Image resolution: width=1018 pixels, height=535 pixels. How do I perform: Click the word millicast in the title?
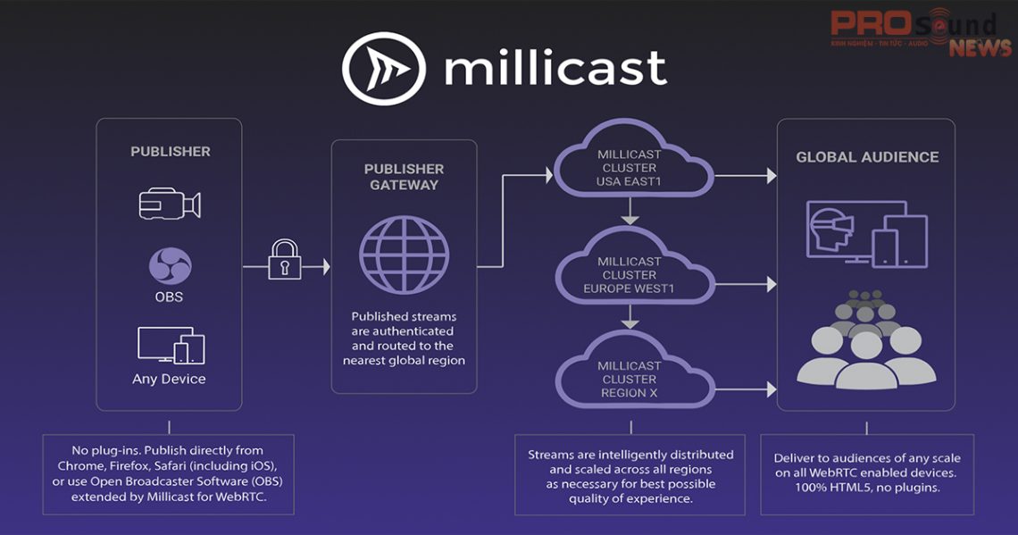tap(555, 69)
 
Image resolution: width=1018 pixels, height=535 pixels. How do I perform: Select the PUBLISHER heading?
tap(171, 152)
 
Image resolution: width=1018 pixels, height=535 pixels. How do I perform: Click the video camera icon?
tap(170, 204)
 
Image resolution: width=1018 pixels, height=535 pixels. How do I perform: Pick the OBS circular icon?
tap(170, 266)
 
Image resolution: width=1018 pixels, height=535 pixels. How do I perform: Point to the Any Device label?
tap(169, 379)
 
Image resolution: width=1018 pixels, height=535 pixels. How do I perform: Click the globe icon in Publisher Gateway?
tap(404, 253)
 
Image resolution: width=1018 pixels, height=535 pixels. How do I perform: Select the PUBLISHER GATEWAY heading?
tap(405, 177)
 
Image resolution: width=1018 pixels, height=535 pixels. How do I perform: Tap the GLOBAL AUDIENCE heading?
tap(867, 157)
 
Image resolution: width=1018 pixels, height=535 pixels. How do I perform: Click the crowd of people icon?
tap(865, 339)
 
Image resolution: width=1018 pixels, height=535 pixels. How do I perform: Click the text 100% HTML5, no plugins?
tap(867, 487)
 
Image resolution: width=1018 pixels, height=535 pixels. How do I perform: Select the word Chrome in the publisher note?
tap(80, 465)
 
